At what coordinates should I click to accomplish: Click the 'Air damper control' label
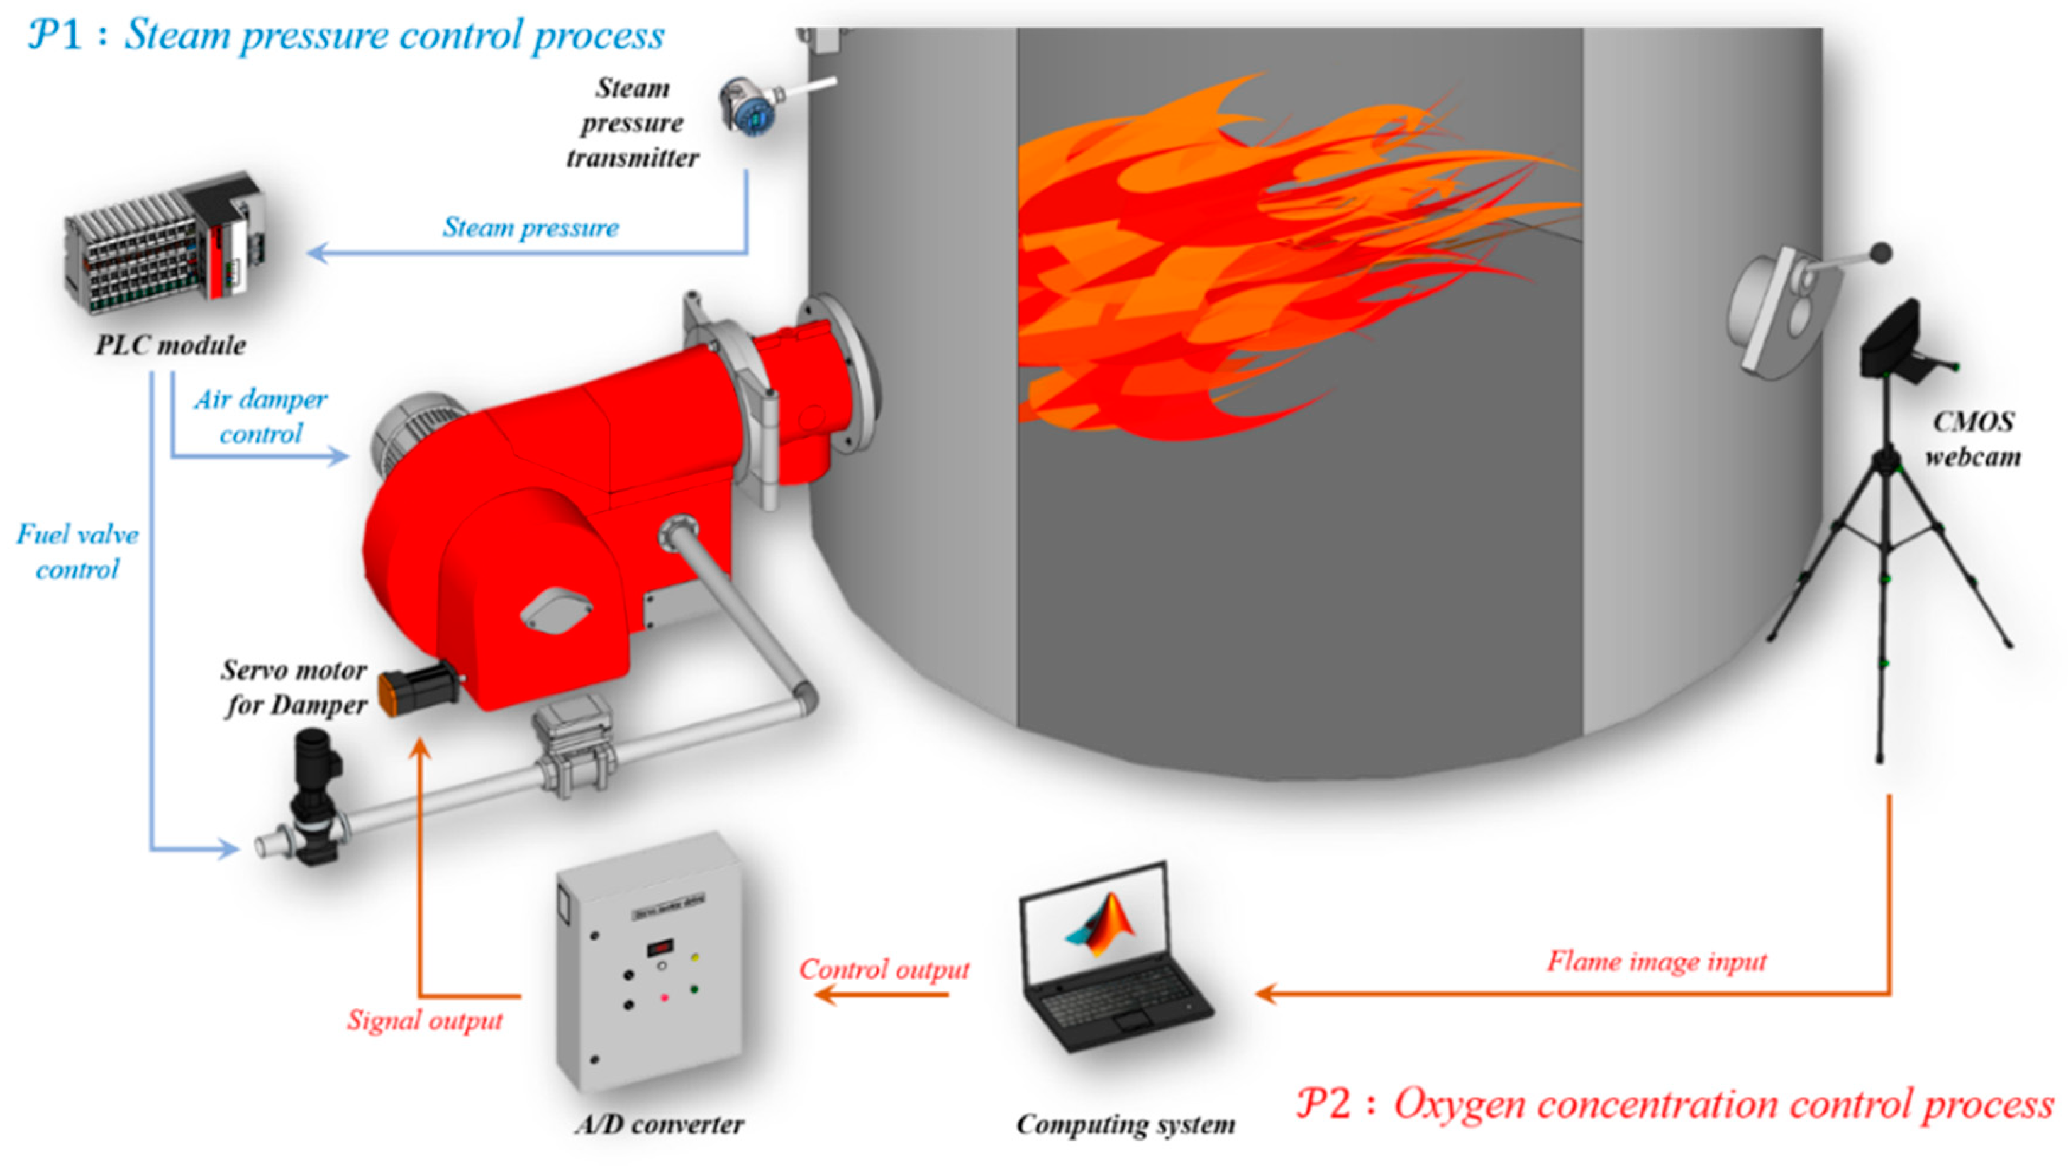pos(260,416)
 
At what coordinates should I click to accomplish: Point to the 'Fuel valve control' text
pos(77,552)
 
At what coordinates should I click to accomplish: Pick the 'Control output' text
pos(884,969)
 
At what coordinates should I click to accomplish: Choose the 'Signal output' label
pos(425,1020)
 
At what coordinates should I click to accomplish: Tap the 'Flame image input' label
pos(1656,961)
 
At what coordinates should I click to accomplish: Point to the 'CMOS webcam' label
pos(1972,439)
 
